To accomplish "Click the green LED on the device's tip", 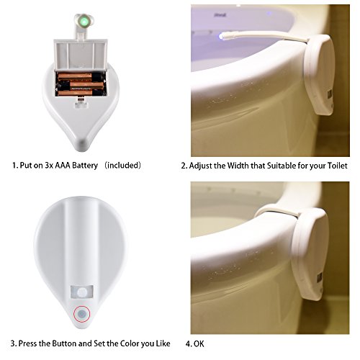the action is point(84,21).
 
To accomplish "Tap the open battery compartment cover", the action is point(81,55).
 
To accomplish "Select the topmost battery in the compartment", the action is point(75,77).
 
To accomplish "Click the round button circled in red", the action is point(82,314).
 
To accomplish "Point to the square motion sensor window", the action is point(82,292).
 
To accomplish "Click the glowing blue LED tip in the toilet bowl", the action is point(221,37).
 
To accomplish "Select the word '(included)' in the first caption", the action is point(123,166).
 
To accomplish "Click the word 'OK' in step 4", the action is point(199,344).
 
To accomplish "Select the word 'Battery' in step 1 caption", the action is point(85,166).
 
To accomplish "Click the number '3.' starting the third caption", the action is point(14,343).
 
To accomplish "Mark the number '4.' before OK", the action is point(188,344).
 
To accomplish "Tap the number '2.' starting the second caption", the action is point(184,166).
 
